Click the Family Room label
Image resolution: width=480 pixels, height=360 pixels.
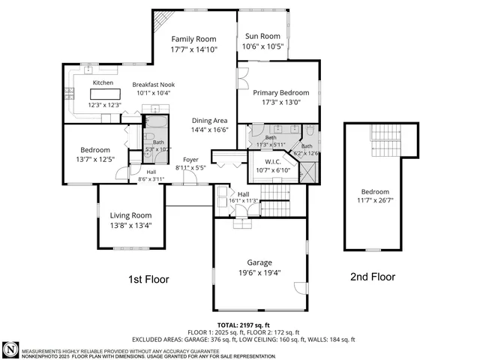(193, 39)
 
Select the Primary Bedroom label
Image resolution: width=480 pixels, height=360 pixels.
(271, 92)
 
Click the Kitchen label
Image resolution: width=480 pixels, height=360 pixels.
(103, 83)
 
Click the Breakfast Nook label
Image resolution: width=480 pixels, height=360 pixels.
(154, 85)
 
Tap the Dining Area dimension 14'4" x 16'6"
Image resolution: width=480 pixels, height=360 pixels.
(209, 129)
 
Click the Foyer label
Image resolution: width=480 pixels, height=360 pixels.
(190, 159)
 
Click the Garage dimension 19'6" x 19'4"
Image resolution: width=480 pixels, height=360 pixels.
(259, 273)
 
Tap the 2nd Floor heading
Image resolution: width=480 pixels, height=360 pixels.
(372, 277)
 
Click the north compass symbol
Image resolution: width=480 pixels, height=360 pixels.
(10, 349)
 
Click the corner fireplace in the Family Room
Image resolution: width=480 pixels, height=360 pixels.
(163, 18)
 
